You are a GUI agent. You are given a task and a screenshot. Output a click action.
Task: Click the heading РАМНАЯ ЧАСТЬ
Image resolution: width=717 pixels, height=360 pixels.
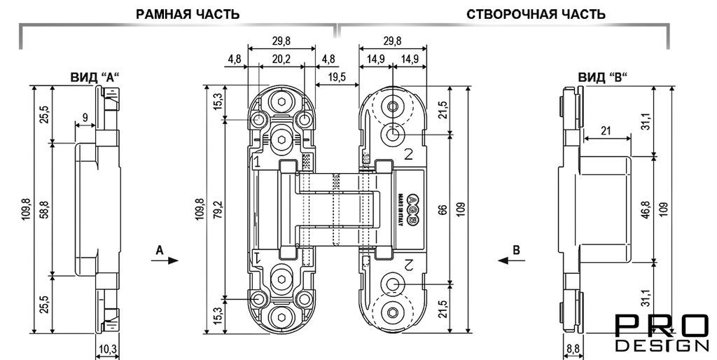click(x=188, y=14)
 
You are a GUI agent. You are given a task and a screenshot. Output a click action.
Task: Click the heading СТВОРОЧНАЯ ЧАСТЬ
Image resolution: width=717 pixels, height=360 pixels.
click(x=536, y=14)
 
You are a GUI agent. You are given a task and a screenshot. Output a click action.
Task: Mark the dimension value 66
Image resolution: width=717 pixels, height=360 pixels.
click(x=442, y=208)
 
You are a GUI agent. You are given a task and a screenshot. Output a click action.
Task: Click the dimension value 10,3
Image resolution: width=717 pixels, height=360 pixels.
click(x=108, y=349)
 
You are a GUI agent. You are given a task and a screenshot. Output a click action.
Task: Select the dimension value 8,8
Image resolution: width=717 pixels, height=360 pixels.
click(x=572, y=349)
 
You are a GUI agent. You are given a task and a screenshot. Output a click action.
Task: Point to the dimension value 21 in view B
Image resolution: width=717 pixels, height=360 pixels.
click(x=606, y=130)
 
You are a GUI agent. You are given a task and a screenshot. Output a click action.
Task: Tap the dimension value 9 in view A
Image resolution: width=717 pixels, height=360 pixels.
click(x=85, y=119)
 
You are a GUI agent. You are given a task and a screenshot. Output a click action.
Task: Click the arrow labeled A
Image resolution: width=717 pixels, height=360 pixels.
click(x=164, y=258)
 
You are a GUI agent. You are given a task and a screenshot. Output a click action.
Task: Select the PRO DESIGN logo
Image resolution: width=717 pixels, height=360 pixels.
click(x=661, y=333)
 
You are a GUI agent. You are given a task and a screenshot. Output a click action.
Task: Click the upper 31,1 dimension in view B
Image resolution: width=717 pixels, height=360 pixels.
click(x=643, y=120)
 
